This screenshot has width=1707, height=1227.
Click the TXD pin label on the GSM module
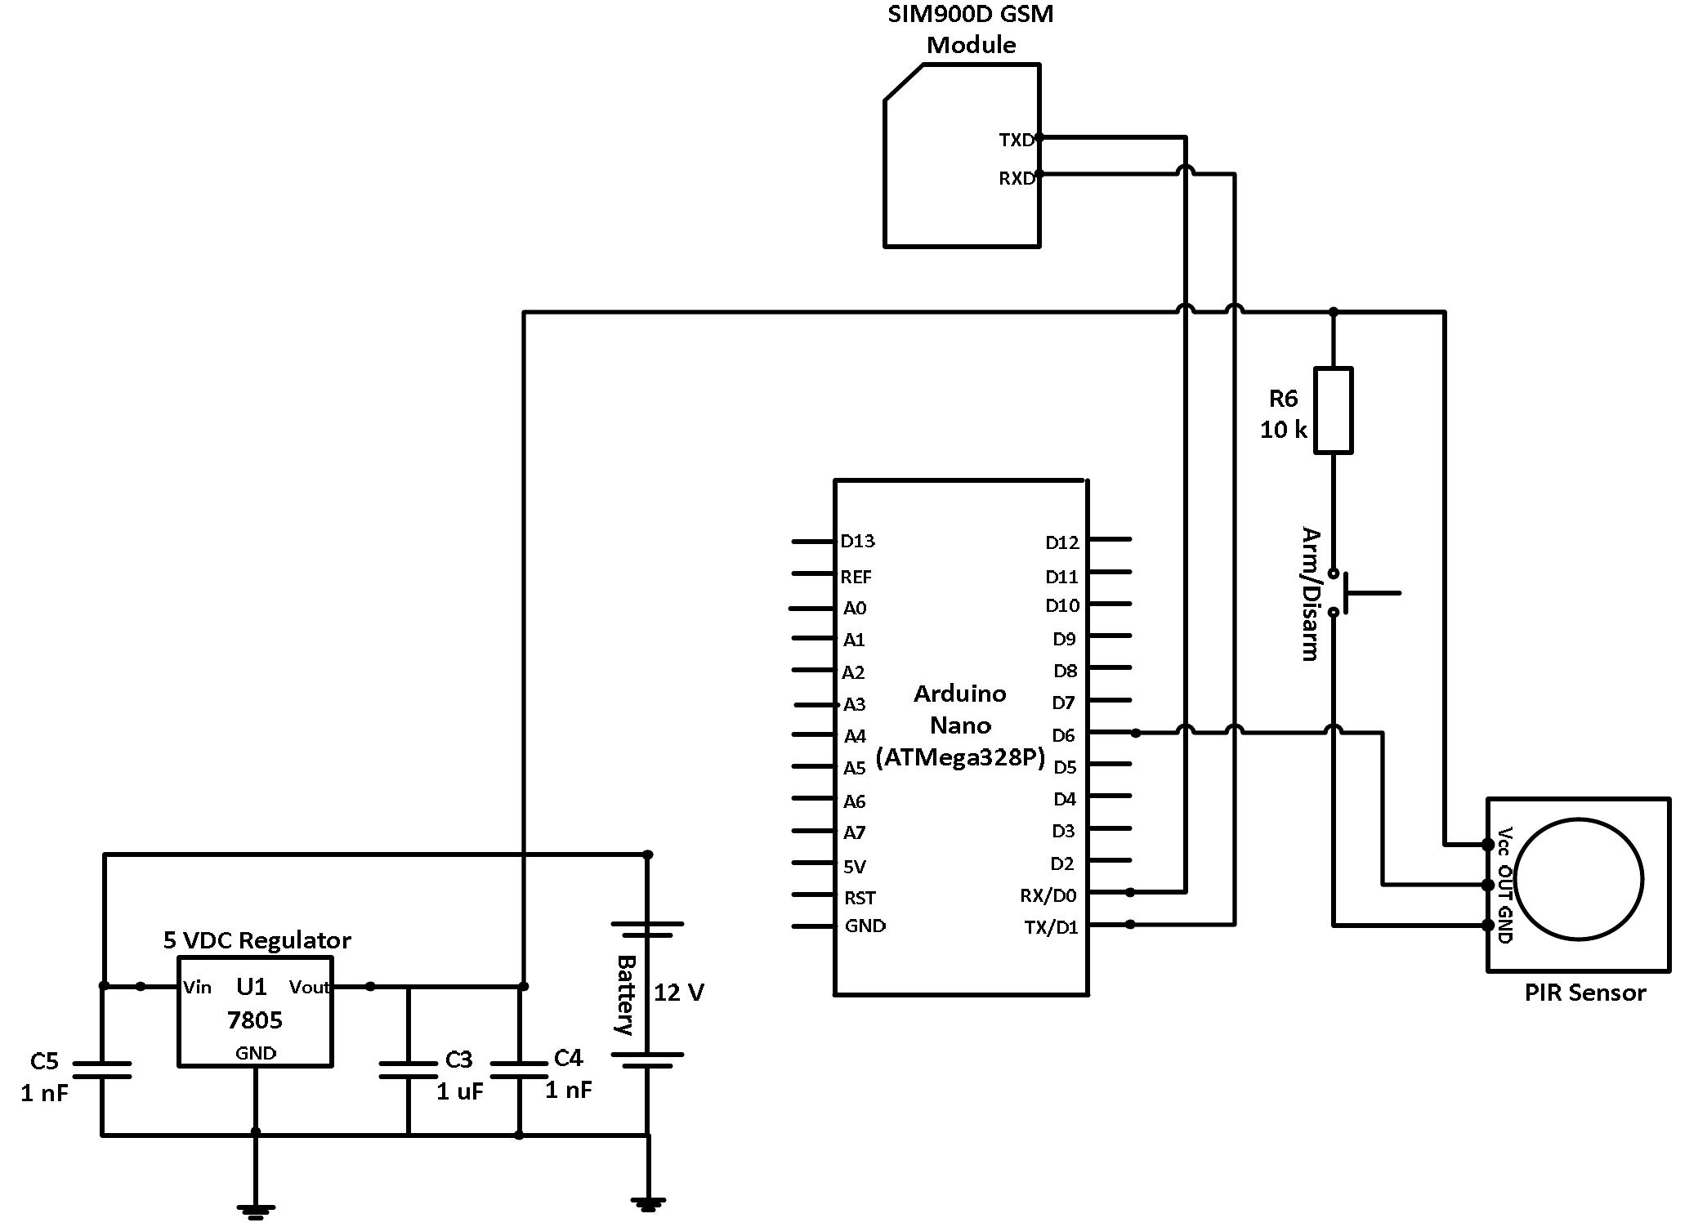coord(1017,141)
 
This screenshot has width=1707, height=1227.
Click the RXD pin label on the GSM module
coord(1017,178)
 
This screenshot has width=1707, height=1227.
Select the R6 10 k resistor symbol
coord(1333,410)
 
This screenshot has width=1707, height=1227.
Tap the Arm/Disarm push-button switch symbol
coord(1344,593)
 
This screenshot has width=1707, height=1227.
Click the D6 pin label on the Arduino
coord(1063,735)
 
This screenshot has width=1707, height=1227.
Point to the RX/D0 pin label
coord(1048,895)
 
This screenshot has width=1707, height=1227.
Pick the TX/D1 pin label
coord(1051,927)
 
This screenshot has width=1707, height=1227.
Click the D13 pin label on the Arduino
coord(857,541)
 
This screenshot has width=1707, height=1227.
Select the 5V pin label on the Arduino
coord(855,866)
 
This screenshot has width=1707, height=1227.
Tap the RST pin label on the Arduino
coord(860,898)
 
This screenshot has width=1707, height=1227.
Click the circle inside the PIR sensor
coord(1579,880)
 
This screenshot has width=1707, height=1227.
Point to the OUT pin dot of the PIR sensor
coord(1487,885)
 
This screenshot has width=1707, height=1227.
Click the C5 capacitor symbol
coord(102,1070)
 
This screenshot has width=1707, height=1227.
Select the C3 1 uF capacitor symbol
coord(409,1070)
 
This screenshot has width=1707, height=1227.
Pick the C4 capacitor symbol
coord(519,1070)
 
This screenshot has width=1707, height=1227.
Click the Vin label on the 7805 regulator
coord(197,987)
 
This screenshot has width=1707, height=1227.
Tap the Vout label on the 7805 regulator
coord(309,987)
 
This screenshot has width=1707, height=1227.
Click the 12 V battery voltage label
coord(678,992)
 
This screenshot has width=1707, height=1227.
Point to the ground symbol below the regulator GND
coord(256,1210)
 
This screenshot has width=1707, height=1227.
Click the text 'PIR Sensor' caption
coord(1584,993)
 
